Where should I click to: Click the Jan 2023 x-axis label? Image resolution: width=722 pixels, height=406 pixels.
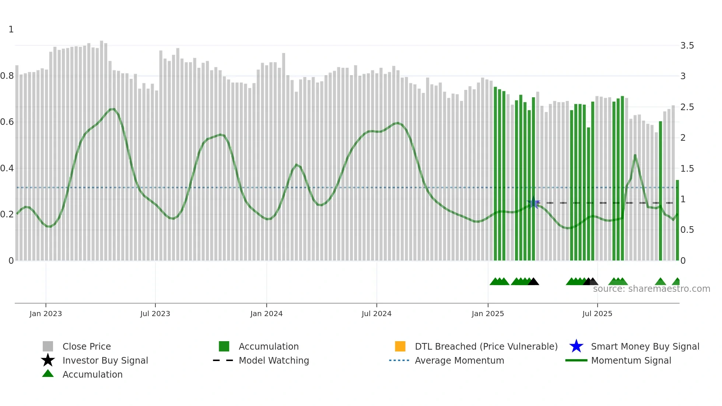(46, 314)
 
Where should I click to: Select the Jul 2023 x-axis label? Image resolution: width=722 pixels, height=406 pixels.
(155, 314)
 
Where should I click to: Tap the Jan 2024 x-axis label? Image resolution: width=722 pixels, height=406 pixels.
(266, 314)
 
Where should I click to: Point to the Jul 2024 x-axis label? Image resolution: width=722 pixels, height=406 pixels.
(376, 314)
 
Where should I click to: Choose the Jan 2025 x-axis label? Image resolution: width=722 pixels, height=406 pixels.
(488, 314)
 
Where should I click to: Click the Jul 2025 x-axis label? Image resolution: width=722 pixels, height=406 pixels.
(597, 314)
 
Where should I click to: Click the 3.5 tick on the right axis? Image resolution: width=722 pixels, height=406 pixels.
(687, 46)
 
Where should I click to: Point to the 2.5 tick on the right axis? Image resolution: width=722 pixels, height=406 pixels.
(687, 107)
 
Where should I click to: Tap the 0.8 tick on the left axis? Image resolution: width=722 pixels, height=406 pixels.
(7, 76)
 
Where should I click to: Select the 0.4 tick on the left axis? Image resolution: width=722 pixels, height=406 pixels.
(7, 168)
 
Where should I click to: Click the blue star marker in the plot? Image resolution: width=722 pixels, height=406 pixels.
(533, 203)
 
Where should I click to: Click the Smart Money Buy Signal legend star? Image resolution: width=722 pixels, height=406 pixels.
(576, 346)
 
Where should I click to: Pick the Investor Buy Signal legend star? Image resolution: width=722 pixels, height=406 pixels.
(48, 360)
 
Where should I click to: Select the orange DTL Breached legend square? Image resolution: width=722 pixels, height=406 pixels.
(400, 346)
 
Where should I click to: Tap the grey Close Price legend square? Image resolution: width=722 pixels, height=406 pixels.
(48, 346)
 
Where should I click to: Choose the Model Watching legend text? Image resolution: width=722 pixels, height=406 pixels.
(274, 360)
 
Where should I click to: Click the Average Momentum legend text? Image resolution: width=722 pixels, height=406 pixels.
(459, 360)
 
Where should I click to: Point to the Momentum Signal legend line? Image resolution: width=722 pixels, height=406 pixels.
(576, 360)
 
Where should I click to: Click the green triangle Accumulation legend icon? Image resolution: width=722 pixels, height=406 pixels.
(48, 374)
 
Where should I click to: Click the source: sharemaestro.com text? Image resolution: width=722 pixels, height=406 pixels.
(651, 289)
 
